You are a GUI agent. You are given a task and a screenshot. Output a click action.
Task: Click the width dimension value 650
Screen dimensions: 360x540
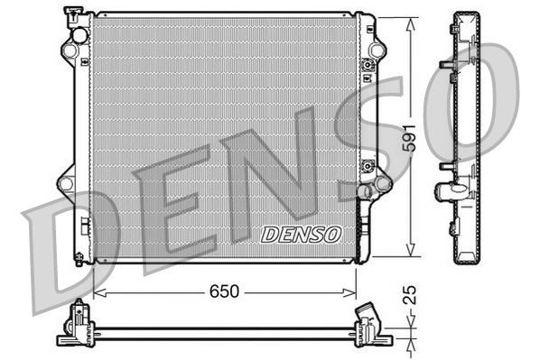tap(226, 291)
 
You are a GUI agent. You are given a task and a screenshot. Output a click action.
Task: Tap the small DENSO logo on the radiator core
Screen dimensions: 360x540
tap(302, 234)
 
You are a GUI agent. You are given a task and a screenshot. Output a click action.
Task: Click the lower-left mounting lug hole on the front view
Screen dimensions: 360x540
tap(65, 184)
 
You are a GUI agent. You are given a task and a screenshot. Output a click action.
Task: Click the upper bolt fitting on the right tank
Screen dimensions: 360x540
tap(367, 66)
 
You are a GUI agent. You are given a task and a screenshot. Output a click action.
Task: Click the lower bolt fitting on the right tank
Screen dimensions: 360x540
tap(367, 166)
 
